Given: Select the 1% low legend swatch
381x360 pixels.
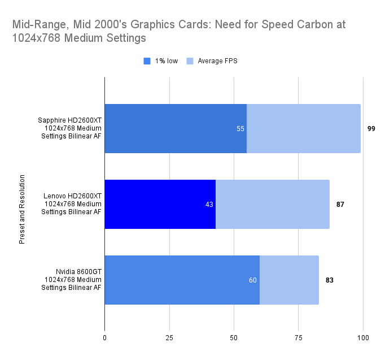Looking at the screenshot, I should tap(147, 61).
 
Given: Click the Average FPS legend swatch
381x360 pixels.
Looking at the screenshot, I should tap(190, 61).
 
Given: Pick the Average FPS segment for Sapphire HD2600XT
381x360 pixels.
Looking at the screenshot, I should tap(303, 129).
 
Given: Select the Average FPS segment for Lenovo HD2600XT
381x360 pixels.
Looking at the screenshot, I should tap(272, 204).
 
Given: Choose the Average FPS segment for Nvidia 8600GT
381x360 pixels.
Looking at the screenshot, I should tap(289, 280).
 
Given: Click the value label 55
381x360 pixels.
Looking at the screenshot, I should tap(240, 129).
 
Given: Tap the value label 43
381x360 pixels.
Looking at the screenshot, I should tap(209, 204).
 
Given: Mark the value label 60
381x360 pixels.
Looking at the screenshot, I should tap(253, 280).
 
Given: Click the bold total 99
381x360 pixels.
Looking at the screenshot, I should tap(371, 129).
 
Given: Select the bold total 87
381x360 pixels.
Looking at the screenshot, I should tap(340, 204).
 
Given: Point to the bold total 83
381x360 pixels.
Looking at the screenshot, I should tap(330, 280).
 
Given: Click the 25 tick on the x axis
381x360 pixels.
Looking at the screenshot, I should tap(169, 338).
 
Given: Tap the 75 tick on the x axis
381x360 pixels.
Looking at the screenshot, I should tap(299, 338).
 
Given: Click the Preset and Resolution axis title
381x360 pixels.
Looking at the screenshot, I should tap(22, 204).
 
